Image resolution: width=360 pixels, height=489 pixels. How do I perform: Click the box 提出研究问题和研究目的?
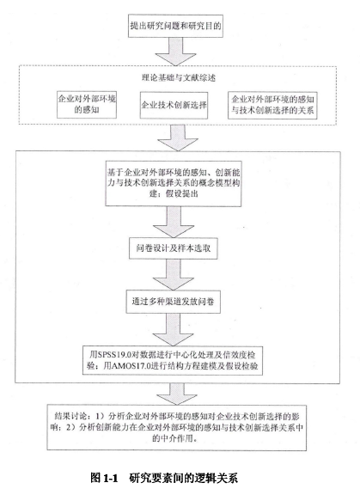click(175, 26)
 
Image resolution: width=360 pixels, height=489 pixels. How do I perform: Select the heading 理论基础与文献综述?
click(179, 77)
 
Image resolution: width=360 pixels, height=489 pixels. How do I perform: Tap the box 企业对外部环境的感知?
click(87, 105)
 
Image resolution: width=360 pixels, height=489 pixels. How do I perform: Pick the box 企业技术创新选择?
click(174, 105)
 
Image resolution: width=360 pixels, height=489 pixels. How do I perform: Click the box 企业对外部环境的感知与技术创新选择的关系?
click(272, 105)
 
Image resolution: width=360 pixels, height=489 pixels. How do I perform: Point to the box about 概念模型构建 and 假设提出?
click(174, 183)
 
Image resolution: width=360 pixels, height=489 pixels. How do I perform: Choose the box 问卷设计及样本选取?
click(174, 248)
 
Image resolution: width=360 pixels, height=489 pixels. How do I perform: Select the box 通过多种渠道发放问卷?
click(174, 302)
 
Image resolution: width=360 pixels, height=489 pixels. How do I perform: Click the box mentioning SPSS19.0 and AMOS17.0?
click(173, 360)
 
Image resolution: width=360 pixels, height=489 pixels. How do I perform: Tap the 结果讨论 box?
click(177, 428)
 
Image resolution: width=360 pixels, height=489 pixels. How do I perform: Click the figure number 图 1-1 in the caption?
click(105, 478)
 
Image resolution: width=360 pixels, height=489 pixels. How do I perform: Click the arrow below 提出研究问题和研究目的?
click(176, 52)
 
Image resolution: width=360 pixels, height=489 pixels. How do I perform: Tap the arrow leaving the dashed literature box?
click(178, 138)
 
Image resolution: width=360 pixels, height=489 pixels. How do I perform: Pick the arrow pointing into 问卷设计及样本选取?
click(174, 222)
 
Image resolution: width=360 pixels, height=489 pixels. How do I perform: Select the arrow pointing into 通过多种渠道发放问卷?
click(174, 274)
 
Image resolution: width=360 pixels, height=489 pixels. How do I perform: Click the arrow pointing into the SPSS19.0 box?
click(173, 330)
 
